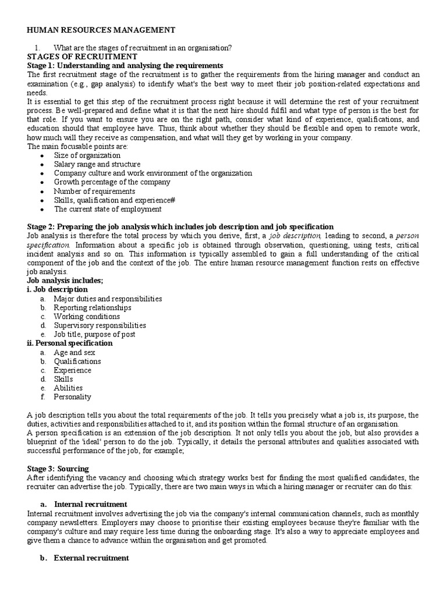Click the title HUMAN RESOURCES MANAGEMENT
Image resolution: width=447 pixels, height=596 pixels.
101,30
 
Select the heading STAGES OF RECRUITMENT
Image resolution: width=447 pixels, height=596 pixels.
83,56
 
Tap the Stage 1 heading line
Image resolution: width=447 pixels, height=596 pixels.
125,66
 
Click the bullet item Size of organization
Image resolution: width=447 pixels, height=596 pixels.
87,155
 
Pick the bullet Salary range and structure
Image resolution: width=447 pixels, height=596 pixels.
97,165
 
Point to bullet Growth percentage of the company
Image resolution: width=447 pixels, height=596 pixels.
112,182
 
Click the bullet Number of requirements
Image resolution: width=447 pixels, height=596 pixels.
94,191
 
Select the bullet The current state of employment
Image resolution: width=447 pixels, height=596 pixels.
108,209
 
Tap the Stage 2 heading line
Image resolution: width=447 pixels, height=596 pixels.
180,226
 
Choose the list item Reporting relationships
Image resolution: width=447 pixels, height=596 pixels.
93,307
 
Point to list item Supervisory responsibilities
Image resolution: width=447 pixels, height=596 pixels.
100,325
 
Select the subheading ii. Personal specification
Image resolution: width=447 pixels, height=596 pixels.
70,343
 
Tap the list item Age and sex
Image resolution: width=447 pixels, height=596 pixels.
74,352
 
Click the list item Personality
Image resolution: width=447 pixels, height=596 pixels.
72,397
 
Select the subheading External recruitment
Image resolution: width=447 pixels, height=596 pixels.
91,558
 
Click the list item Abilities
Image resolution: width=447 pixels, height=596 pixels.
68,388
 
